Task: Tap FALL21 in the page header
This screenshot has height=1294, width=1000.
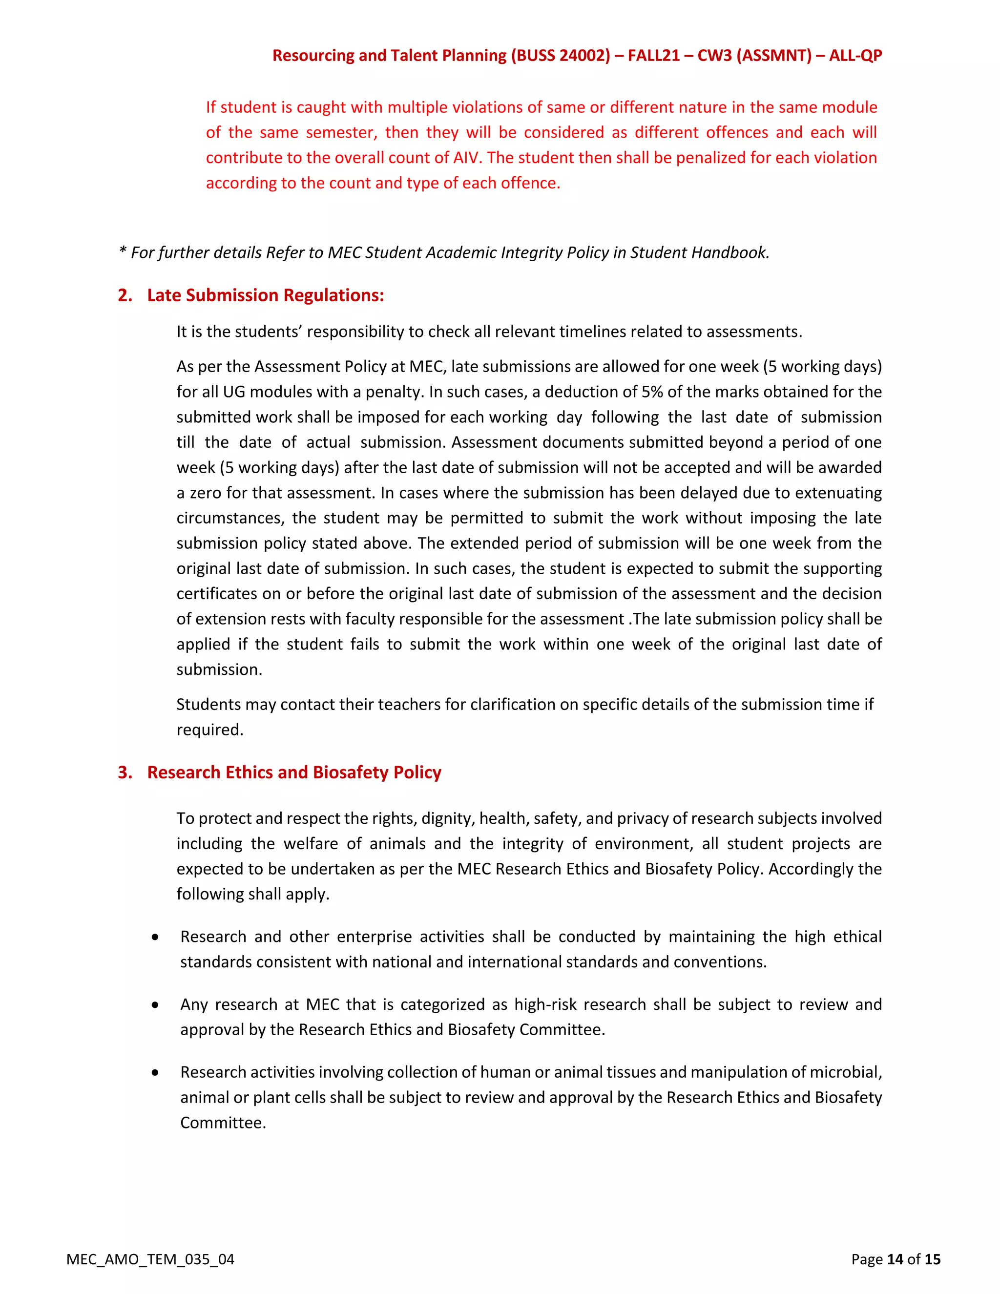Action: coord(653,56)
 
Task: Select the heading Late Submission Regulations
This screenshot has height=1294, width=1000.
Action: coord(266,295)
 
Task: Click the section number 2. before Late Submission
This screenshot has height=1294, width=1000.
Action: coord(125,295)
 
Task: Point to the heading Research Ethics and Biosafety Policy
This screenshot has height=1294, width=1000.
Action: coord(294,772)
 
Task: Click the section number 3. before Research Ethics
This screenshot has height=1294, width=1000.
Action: coord(125,772)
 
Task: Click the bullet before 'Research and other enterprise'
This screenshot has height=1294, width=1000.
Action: coord(155,937)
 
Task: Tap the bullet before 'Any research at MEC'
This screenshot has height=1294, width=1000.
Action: coord(155,1005)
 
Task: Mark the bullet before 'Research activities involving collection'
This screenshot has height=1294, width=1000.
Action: coord(155,1072)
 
